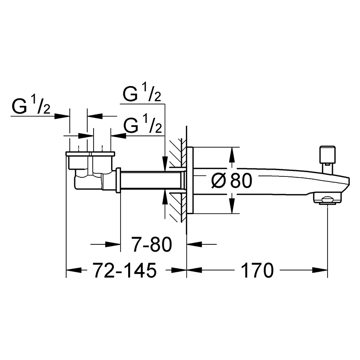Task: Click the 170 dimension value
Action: coord(257,270)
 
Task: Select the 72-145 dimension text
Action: coord(125,270)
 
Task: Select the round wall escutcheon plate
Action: coord(191,180)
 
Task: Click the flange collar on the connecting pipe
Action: coord(119,180)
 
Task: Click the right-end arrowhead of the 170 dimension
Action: coord(322,270)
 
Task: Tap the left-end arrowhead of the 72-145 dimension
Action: coord(72,270)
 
